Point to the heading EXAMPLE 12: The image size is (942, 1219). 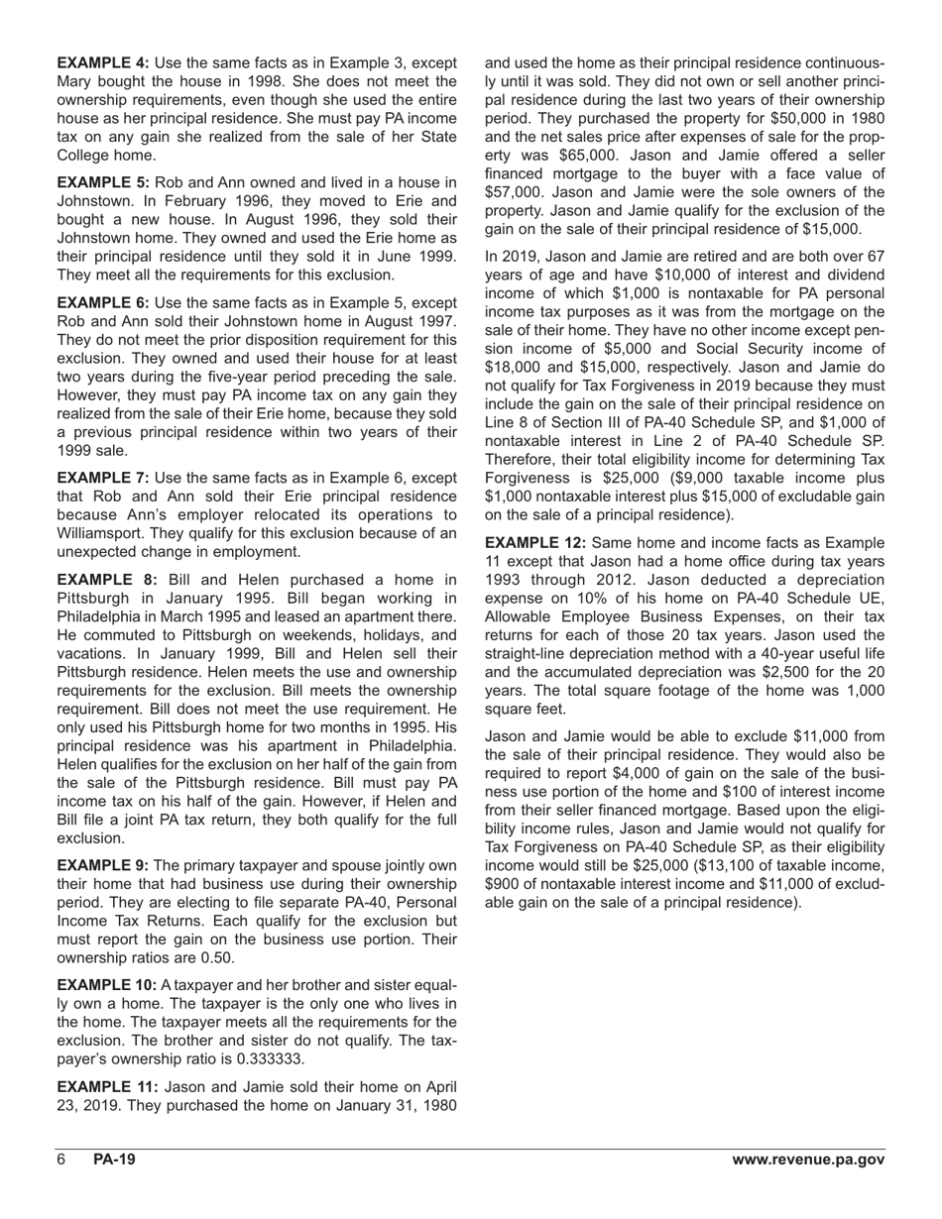pyautogui.click(x=535, y=543)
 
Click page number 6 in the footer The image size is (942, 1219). pyautogui.click(x=61, y=1161)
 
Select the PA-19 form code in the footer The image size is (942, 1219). pyautogui.click(x=114, y=1161)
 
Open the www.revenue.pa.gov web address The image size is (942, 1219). pyautogui.click(x=808, y=1161)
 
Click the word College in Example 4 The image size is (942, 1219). pyautogui.click(x=86, y=156)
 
